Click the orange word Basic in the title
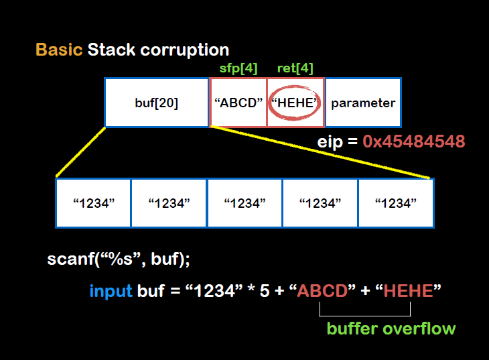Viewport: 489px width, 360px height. [x=59, y=50]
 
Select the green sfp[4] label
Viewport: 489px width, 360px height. [x=238, y=68]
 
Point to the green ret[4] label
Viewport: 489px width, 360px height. [x=295, y=68]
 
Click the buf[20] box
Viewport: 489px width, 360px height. [x=157, y=103]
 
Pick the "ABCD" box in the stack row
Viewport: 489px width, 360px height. [x=238, y=103]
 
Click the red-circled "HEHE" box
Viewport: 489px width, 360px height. [x=295, y=103]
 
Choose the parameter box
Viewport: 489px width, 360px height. [x=363, y=103]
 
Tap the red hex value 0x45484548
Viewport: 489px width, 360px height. [x=414, y=142]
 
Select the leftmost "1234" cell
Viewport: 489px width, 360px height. [x=93, y=202]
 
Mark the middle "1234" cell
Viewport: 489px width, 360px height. [x=244, y=202]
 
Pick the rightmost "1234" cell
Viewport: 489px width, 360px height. [x=396, y=202]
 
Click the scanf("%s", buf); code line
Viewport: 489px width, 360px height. [x=123, y=259]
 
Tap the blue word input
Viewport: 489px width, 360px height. [x=111, y=292]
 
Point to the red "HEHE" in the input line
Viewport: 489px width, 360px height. [x=409, y=292]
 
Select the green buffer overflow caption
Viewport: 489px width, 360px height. [x=391, y=328]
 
